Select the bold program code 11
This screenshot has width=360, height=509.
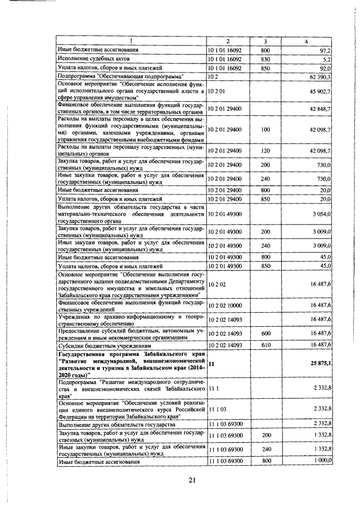(211, 364)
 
